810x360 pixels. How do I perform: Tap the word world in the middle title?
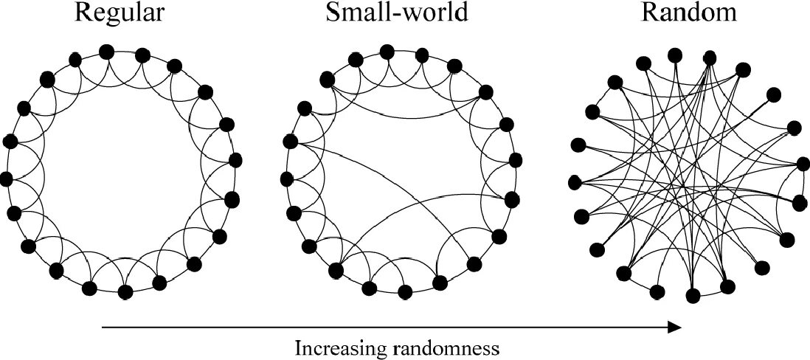click(435, 15)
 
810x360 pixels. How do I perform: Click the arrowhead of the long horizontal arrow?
click(675, 327)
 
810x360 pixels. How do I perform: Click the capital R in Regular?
click(83, 15)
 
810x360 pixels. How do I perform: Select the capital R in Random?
click(650, 15)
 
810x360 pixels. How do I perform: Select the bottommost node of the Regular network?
click(125, 291)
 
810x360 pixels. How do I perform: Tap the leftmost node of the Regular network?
click(7, 178)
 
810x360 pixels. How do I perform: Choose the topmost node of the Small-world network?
click(386, 51)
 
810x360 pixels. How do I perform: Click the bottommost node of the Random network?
click(693, 296)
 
